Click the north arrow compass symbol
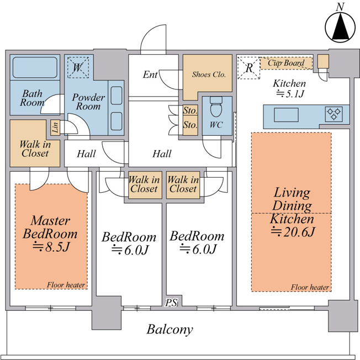pyautogui.click(x=341, y=27)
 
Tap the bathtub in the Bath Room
pyautogui.click(x=35, y=67)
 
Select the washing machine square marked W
pyautogui.click(x=78, y=67)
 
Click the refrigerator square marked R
pyautogui.click(x=249, y=68)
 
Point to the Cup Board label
pyautogui.click(x=286, y=63)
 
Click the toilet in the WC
pyautogui.click(x=216, y=107)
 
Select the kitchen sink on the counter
pyautogui.click(x=286, y=115)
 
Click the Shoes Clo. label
pyautogui.click(x=209, y=75)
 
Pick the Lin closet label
pyautogui.click(x=55, y=128)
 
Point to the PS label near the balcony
pyautogui.click(x=172, y=303)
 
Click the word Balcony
pyautogui.click(x=170, y=329)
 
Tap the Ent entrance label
pyautogui.click(x=150, y=75)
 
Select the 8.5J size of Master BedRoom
pyautogui.click(x=51, y=247)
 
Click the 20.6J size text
pyautogui.click(x=293, y=232)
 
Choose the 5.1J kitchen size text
pyautogui.click(x=290, y=94)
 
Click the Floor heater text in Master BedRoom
pyautogui.click(x=66, y=285)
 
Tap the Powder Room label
pyautogui.click(x=88, y=102)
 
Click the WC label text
pyautogui.click(x=216, y=125)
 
